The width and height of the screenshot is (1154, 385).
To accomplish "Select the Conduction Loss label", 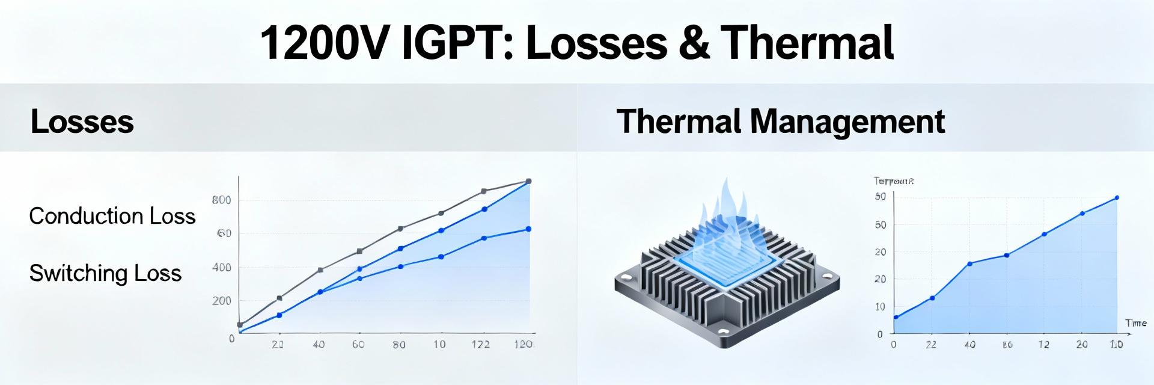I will tap(112, 216).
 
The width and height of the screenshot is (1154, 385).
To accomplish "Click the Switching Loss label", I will tap(105, 273).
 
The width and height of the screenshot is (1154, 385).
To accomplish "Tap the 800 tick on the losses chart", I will tap(221, 200).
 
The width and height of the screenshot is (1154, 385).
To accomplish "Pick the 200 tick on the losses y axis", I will tap(221, 301).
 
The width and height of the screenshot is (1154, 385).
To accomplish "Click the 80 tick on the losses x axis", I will tap(398, 345).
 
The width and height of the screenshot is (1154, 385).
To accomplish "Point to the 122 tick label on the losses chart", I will tap(480, 345).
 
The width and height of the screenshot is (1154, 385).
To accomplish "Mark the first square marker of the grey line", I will tap(240, 324).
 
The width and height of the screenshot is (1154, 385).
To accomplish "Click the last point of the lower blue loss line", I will tap(528, 229).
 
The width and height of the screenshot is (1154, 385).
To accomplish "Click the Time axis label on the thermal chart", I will tap(1135, 323).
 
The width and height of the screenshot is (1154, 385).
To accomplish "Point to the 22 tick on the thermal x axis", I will tap(931, 345).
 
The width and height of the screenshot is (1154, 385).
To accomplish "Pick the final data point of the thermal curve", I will tap(1117, 197).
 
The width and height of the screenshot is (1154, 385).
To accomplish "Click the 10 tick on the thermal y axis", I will tap(880, 307).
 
